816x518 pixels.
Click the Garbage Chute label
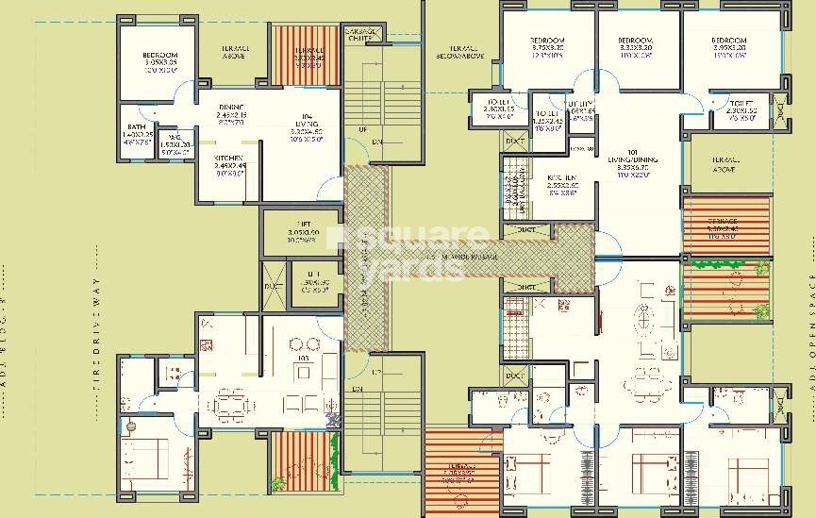click(362, 36)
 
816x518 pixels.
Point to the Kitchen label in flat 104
click(229, 162)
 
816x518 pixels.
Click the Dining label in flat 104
click(232, 111)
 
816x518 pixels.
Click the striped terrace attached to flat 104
click(297, 54)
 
